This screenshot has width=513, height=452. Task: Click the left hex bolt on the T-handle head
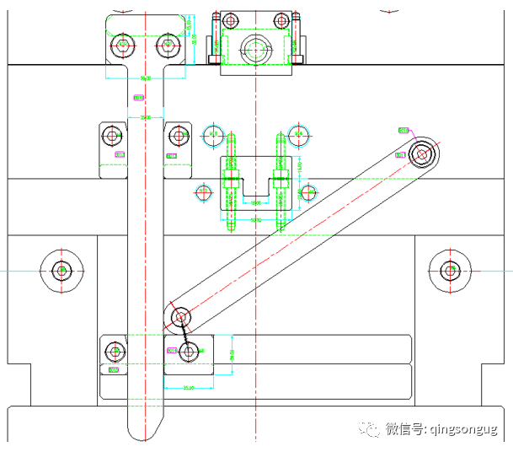tap(123, 43)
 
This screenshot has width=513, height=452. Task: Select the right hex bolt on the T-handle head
tap(168, 43)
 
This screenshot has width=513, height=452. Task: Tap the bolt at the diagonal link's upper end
tap(421, 153)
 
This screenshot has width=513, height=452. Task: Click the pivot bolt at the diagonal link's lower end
tap(180, 317)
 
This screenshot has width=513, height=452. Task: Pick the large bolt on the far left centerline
tap(61, 271)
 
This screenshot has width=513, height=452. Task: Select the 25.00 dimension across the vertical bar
tap(145, 117)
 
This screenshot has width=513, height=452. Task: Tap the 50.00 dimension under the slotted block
tap(254, 220)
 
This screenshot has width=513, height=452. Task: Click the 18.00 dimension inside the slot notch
tap(254, 202)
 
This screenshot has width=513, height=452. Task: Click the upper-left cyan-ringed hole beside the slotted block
tap(213, 134)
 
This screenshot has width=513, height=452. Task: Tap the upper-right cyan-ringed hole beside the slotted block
tap(297, 133)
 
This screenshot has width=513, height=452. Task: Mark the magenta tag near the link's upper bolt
tap(403, 130)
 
